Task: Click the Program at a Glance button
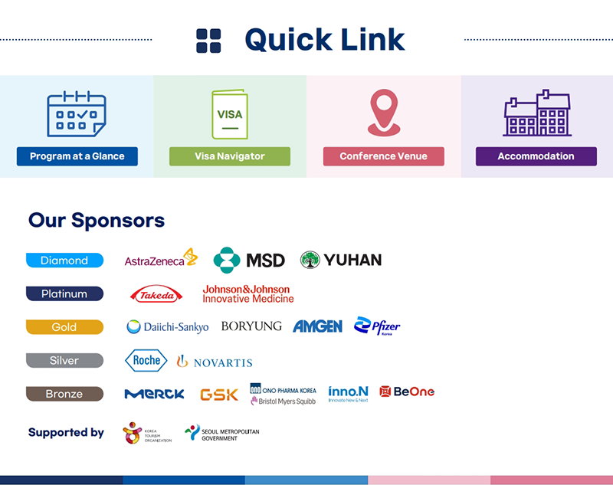coord(77,156)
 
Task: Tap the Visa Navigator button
coord(230,156)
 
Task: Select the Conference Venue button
coord(383,156)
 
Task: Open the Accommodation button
coord(536,156)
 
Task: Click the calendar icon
coord(77,114)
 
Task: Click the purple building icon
coord(536,113)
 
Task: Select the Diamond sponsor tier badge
coord(64,261)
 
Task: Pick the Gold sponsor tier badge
coord(64,327)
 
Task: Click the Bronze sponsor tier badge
coord(64,394)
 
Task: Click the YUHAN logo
coord(341,261)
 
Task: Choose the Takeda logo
coord(156,294)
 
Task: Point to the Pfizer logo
coord(377,326)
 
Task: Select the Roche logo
coord(146,360)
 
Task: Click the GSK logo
coord(218,394)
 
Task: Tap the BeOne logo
coord(407,392)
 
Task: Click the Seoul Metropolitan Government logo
coord(222,434)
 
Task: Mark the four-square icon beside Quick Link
coord(208,41)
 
